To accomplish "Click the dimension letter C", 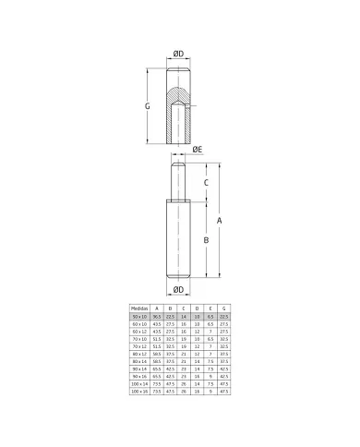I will tap(206, 181).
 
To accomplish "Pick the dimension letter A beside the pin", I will tap(219, 221).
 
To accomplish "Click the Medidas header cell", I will tap(139, 308).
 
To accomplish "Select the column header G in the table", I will tap(224, 308).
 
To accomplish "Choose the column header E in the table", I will tap(210, 308).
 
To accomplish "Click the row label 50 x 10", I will tap(139, 316).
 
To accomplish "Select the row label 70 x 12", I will tap(139, 344).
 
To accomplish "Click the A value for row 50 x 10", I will tap(157, 316).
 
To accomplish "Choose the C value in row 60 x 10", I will tap(184, 323).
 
